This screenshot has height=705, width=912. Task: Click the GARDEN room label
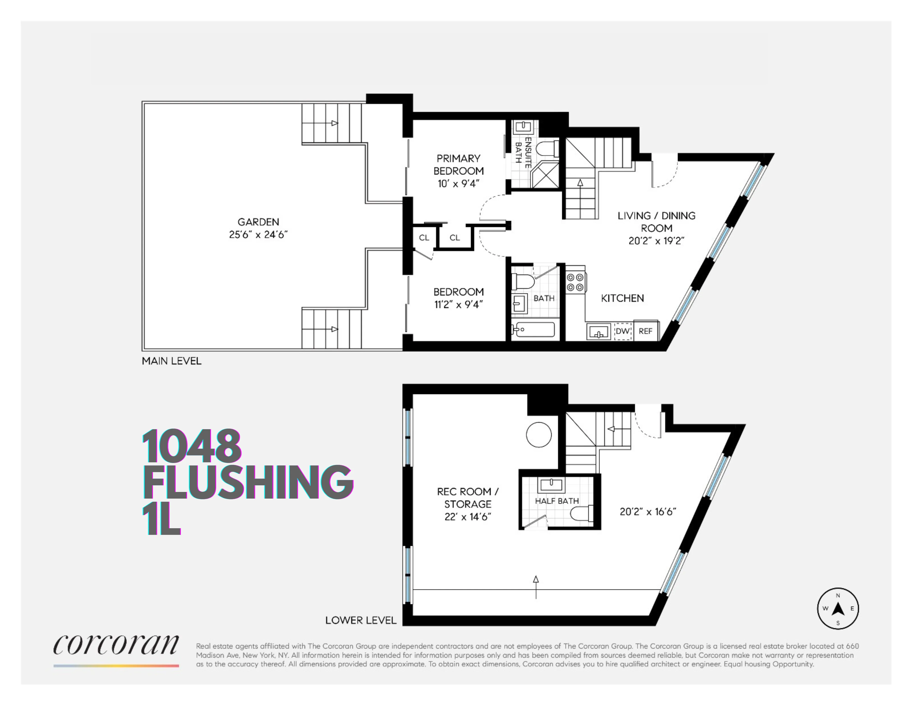[258, 222]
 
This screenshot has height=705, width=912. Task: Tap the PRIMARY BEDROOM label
[459, 164]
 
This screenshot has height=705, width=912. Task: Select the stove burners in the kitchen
[575, 282]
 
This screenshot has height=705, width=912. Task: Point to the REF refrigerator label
[645, 331]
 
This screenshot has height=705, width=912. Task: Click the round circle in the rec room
[539, 435]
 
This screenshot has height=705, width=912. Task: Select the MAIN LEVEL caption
[172, 361]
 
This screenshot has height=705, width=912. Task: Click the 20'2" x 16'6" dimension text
[648, 512]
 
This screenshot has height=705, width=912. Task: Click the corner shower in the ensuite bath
[545, 174]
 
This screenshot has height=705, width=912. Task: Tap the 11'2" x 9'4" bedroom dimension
[459, 304]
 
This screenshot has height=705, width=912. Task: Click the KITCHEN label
[622, 298]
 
